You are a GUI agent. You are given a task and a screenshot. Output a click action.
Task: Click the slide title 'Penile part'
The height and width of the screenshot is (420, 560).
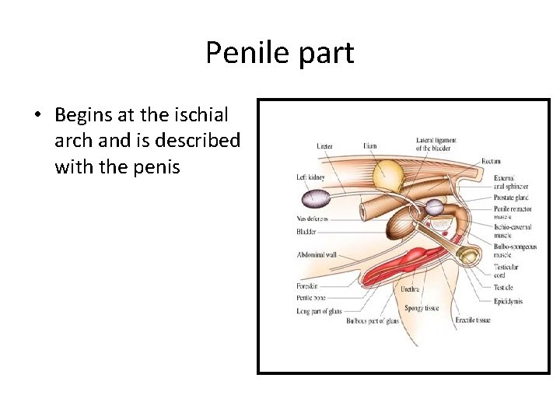click(x=280, y=53)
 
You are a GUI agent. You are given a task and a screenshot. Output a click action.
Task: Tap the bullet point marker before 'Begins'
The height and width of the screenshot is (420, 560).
click(x=37, y=116)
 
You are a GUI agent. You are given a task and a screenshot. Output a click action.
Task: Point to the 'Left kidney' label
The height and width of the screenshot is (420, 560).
click(x=310, y=177)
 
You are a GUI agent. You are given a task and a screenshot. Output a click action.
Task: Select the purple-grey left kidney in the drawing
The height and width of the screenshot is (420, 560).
click(x=317, y=198)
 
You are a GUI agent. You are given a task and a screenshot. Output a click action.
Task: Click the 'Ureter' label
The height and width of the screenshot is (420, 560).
click(x=324, y=145)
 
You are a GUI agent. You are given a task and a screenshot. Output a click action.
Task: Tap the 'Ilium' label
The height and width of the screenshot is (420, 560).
click(x=370, y=145)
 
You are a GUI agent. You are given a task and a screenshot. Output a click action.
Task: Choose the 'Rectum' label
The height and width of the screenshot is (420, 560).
click(x=491, y=161)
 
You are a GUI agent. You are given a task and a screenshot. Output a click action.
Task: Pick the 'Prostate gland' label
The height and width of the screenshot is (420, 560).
click(x=510, y=198)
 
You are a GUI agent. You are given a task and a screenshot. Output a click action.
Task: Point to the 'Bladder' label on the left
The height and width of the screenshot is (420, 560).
click(x=307, y=231)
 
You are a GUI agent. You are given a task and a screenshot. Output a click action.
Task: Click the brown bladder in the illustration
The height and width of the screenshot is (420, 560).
click(x=401, y=222)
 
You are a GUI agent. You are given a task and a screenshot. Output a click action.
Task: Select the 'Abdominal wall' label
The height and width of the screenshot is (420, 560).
click(x=316, y=254)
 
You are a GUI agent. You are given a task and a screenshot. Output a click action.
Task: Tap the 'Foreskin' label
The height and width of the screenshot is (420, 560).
click(x=307, y=286)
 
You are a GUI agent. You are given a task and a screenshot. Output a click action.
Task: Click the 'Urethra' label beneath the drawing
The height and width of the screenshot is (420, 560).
click(x=410, y=289)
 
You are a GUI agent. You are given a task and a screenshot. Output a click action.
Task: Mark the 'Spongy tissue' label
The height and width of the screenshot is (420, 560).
click(x=422, y=308)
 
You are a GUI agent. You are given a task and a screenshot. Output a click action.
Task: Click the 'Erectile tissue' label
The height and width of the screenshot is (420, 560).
click(x=472, y=320)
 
